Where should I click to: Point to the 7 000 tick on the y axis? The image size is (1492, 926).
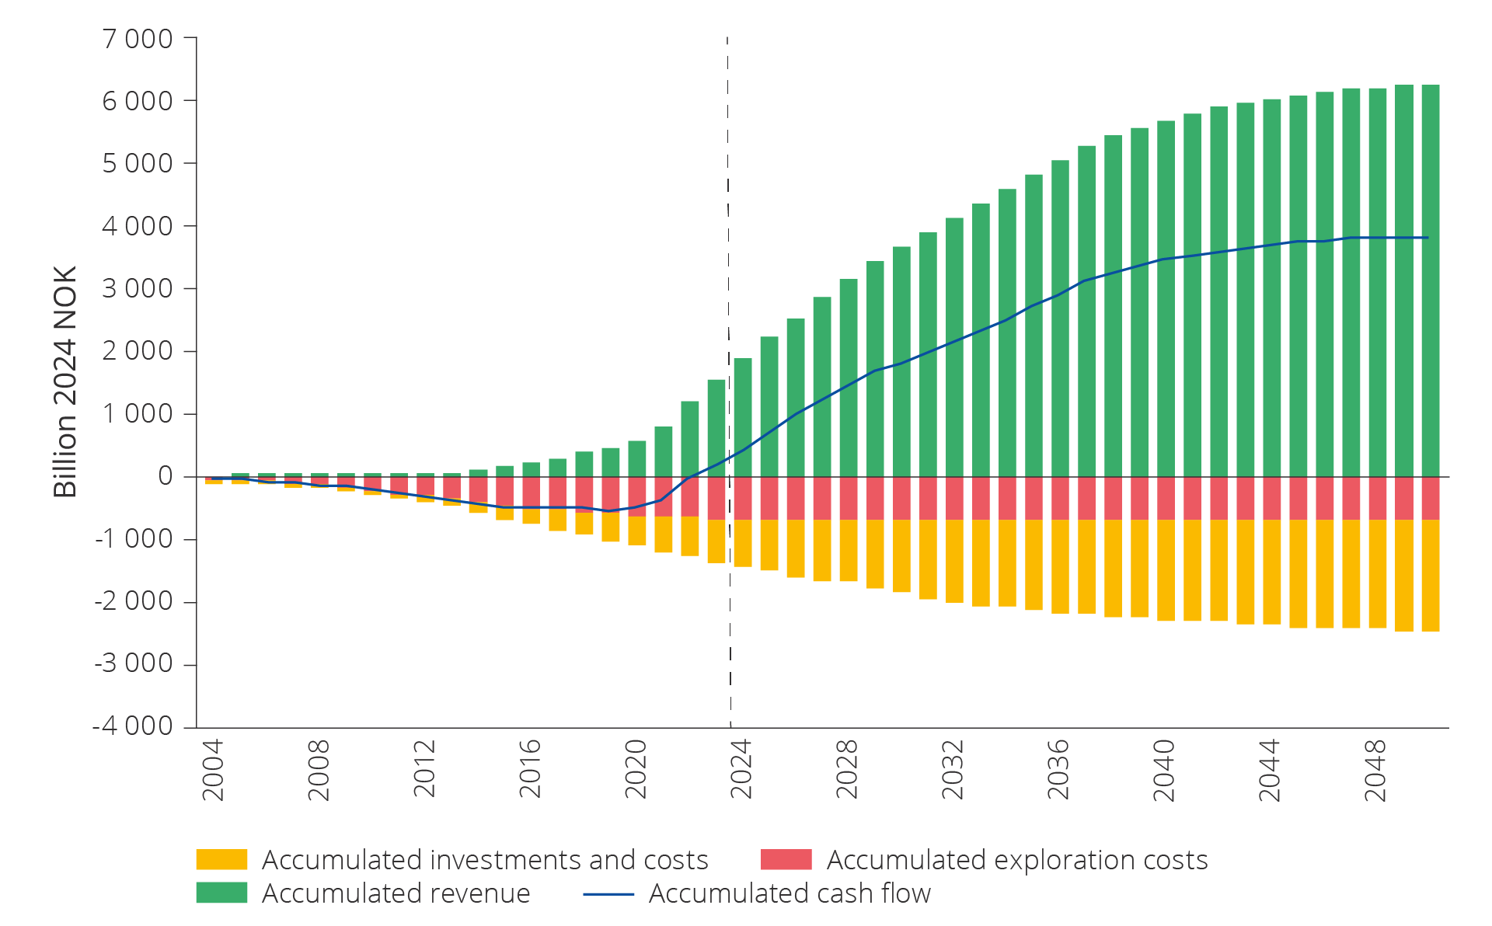[x=138, y=38]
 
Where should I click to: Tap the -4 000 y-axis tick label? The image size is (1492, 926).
[x=133, y=726]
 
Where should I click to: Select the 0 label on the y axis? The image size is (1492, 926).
[x=165, y=476]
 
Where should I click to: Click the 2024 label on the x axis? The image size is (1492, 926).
[x=741, y=768]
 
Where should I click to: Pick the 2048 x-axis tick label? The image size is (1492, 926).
[x=1375, y=768]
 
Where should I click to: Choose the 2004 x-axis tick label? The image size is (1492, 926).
[x=213, y=768]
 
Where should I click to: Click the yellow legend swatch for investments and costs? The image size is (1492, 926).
[x=221, y=859]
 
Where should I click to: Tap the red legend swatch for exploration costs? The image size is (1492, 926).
[x=786, y=859]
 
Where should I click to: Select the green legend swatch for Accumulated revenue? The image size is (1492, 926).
[x=221, y=893]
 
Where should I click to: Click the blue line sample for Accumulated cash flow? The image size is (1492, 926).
[x=608, y=894]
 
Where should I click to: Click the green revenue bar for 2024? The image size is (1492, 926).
[x=743, y=417]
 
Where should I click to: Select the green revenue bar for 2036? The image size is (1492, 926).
[x=1060, y=319]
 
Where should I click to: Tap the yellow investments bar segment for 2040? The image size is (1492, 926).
[x=1166, y=570]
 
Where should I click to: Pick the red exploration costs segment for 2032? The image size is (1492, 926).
[x=954, y=498]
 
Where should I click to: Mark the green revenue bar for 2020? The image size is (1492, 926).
[x=636, y=458]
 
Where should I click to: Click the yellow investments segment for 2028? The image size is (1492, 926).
[x=849, y=550]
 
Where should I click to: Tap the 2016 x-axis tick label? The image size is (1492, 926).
[x=530, y=768]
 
